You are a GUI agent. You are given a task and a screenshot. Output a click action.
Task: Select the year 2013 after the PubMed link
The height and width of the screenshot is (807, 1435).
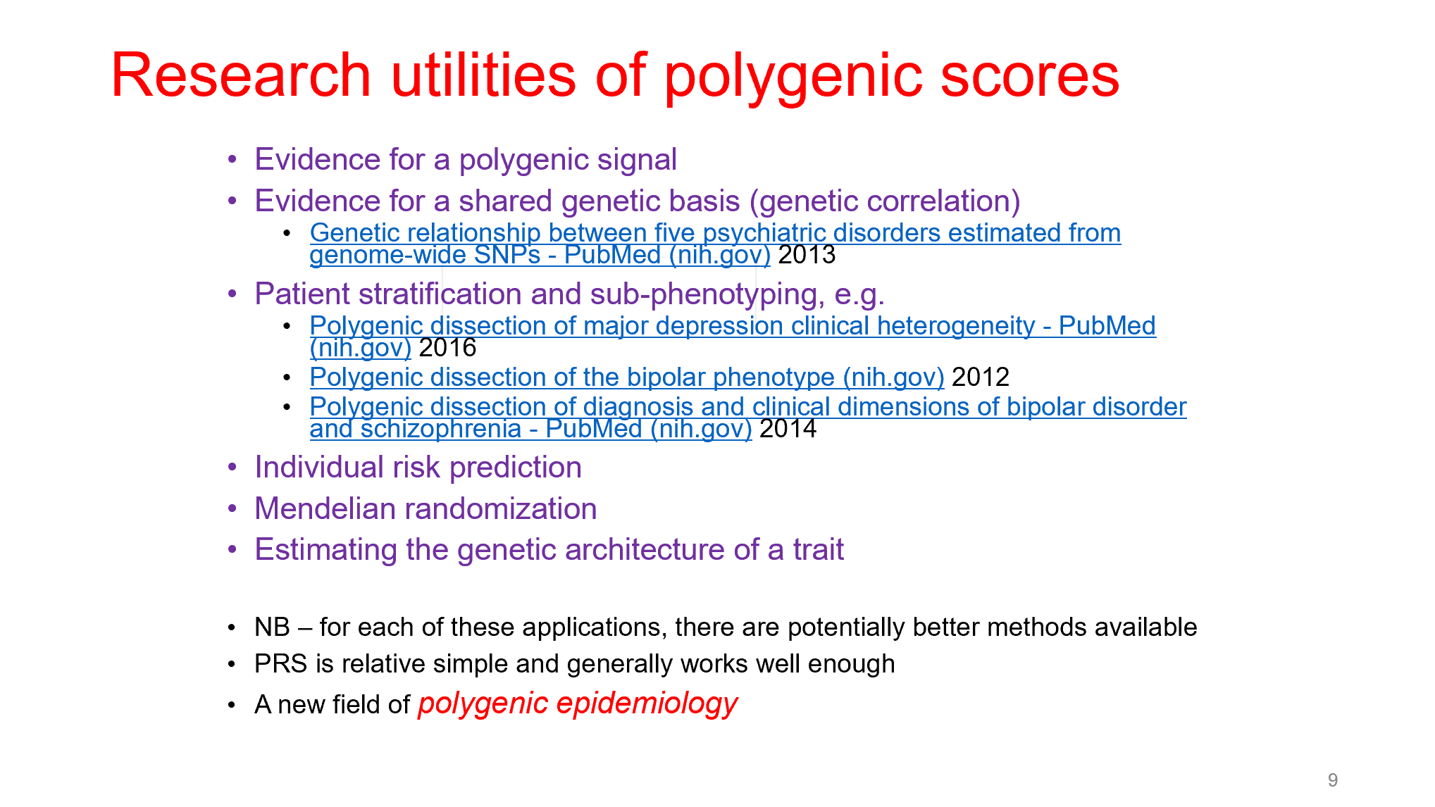807,255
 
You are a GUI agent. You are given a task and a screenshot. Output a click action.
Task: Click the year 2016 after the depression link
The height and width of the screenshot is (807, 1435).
447,347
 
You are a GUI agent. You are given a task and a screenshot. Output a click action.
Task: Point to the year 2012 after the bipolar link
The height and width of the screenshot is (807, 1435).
981,377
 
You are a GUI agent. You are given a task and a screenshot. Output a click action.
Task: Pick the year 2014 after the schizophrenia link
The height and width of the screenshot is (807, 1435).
788,429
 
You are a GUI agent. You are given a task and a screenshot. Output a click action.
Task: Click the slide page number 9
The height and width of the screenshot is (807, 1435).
1333,780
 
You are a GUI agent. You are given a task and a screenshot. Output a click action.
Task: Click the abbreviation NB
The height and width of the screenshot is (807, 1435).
272,627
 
